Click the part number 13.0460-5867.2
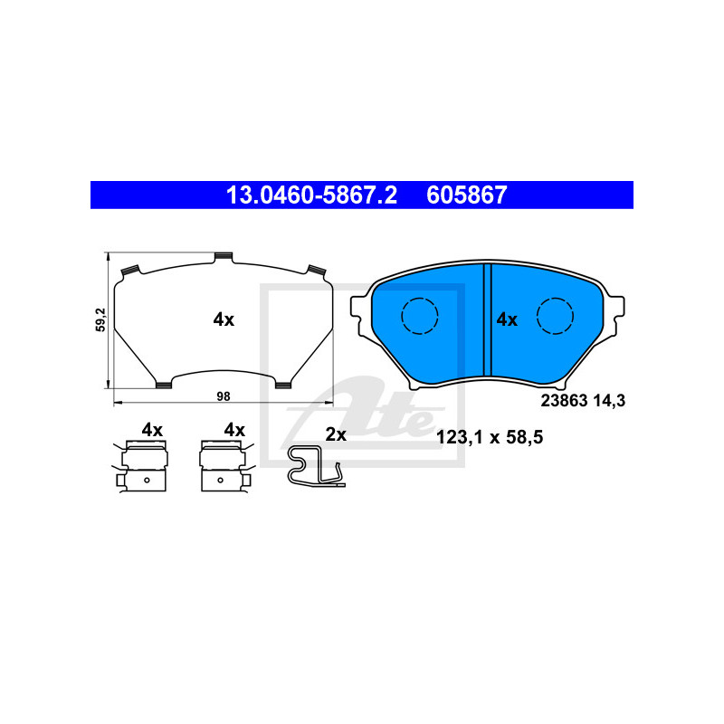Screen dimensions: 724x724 pyautogui.click(x=311, y=195)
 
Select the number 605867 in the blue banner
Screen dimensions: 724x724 pyautogui.click(x=467, y=195)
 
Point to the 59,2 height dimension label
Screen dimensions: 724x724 pyautogui.click(x=100, y=319)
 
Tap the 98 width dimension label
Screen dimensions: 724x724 pyautogui.click(x=223, y=396)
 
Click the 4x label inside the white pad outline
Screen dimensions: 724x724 pyautogui.click(x=224, y=319)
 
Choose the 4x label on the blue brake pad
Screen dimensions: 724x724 pyautogui.click(x=507, y=319)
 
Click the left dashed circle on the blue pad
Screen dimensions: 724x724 pyautogui.click(x=419, y=316)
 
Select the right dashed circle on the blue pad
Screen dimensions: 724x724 pyautogui.click(x=555, y=316)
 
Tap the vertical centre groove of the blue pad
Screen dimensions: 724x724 pyautogui.click(x=487, y=319)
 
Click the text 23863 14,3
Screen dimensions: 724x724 pyautogui.click(x=583, y=401)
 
